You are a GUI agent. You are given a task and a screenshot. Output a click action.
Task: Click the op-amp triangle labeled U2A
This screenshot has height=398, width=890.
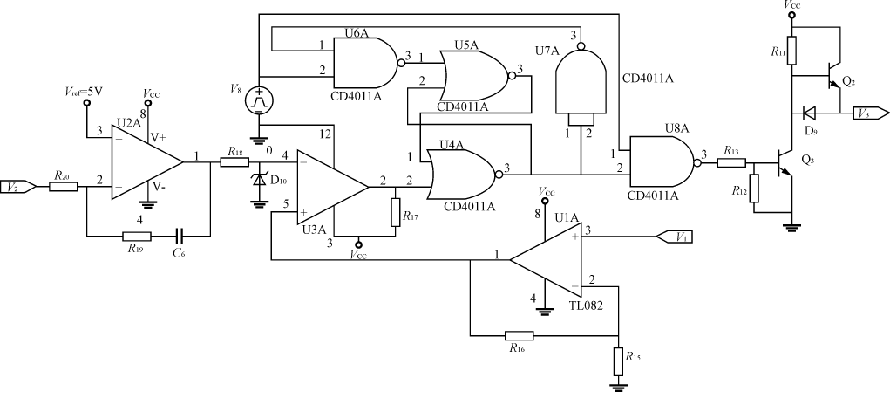(144, 161)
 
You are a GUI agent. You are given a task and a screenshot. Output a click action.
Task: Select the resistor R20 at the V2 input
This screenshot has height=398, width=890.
(62, 186)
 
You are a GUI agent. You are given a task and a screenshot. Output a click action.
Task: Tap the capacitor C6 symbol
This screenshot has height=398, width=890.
(178, 236)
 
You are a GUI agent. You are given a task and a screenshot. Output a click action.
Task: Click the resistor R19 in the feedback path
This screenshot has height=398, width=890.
(137, 236)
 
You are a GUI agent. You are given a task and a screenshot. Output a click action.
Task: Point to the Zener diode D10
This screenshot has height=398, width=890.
(258, 180)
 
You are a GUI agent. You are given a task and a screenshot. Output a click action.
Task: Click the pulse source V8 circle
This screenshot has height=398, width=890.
(258, 100)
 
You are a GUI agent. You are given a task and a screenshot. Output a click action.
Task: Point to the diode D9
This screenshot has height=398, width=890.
(808, 113)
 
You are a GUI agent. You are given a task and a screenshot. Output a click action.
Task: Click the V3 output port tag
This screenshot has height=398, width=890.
(873, 113)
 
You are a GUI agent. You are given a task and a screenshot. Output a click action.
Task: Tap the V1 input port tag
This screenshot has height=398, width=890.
(672, 235)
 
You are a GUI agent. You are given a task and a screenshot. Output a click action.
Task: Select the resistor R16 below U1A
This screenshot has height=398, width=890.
(520, 334)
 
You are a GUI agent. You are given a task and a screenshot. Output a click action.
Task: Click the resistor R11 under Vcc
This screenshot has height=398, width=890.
(791, 48)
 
